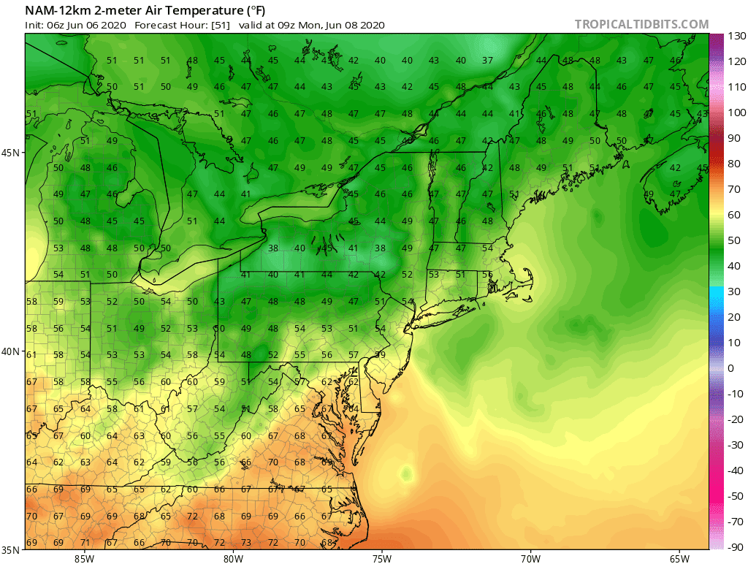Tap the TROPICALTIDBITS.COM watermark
click(x=641, y=24)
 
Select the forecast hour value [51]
click(x=221, y=25)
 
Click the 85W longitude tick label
click(x=84, y=559)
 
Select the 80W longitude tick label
click(x=233, y=559)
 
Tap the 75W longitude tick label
click(x=381, y=559)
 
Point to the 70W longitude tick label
click(x=530, y=559)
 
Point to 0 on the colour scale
click(x=731, y=368)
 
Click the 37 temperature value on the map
click(x=487, y=61)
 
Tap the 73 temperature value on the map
click(x=246, y=543)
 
